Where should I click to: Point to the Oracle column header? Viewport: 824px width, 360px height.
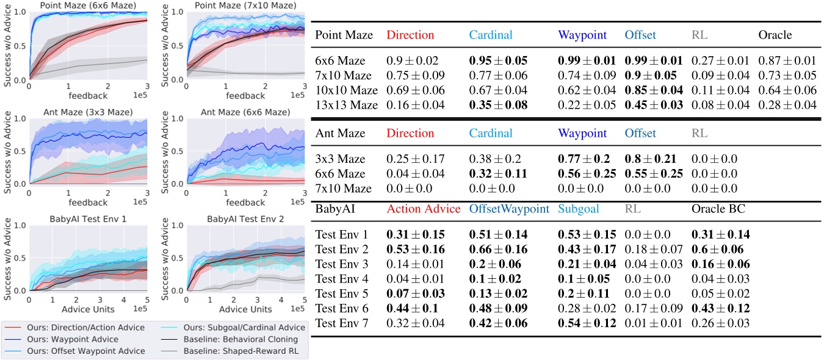coord(775,35)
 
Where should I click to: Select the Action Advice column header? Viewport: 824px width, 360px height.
coord(423,209)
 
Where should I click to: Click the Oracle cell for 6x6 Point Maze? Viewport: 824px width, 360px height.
coord(787,62)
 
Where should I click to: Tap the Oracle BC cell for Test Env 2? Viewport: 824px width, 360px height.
coord(720,249)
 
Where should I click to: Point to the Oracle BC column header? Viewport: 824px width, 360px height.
coord(719,209)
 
